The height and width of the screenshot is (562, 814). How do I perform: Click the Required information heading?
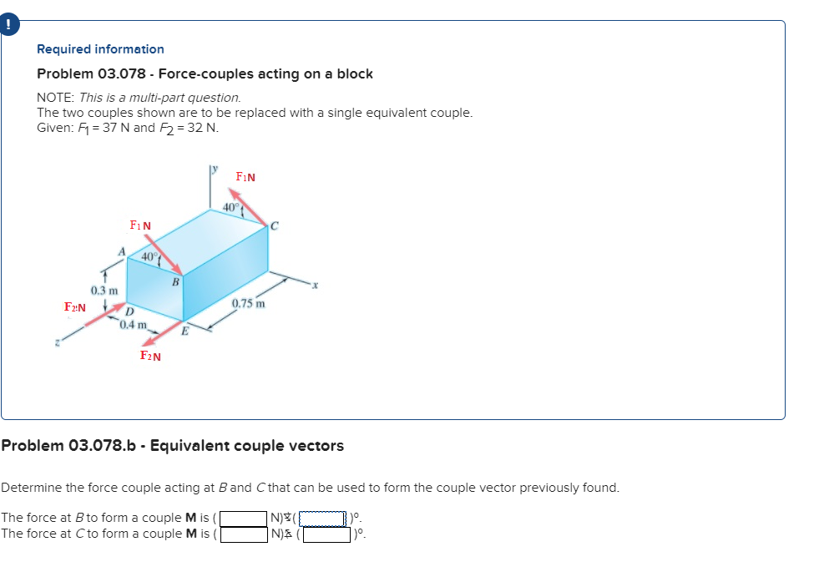pos(100,49)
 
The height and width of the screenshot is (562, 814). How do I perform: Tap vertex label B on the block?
pos(174,282)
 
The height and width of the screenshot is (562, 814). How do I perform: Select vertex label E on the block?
pos(185,331)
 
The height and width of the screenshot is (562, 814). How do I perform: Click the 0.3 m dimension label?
pos(104,290)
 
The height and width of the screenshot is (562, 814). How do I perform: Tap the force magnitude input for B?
pos(243,518)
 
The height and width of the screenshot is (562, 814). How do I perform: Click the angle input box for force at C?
pos(326,534)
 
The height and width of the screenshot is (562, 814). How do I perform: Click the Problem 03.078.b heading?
pos(172,446)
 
